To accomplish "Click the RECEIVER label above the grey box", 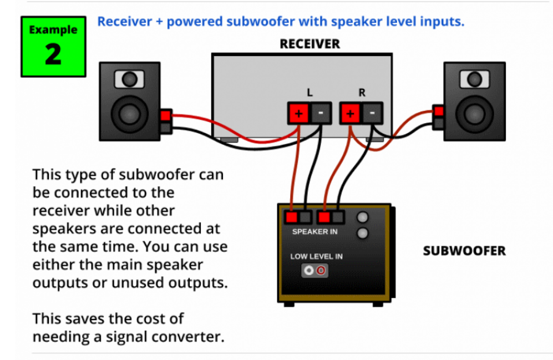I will pyautogui.click(x=310, y=44).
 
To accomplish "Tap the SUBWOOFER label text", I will pyautogui.click(x=464, y=251).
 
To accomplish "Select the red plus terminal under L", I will pyautogui.click(x=298, y=114).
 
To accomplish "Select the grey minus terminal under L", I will pyautogui.click(x=321, y=114).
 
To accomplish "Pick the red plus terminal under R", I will pyautogui.click(x=351, y=114).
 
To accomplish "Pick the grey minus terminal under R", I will pyautogui.click(x=372, y=114).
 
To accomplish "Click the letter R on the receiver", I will pyautogui.click(x=362, y=93).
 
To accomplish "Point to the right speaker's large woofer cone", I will pyautogui.click(x=474, y=114).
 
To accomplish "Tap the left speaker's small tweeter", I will pyautogui.click(x=129, y=80).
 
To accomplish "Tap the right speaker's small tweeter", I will pyautogui.click(x=474, y=80).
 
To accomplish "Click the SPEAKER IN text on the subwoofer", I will pyautogui.click(x=314, y=231).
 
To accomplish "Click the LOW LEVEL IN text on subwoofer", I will pyautogui.click(x=316, y=256).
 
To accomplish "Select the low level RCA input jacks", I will pyautogui.click(x=314, y=271).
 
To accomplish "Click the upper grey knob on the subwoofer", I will pyautogui.click(x=363, y=218).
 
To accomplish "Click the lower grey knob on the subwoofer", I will pyautogui.click(x=363, y=233).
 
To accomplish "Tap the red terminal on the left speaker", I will pyautogui.click(x=165, y=116).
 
